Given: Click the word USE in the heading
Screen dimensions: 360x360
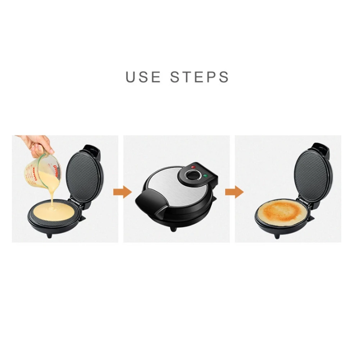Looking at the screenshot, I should pos(143,77).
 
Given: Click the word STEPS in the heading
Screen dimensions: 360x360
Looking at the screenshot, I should pos(200,77).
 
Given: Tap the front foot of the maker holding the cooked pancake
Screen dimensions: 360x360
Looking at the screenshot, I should pos(277,236).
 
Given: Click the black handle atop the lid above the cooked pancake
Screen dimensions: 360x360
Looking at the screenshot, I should pos(320,147).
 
